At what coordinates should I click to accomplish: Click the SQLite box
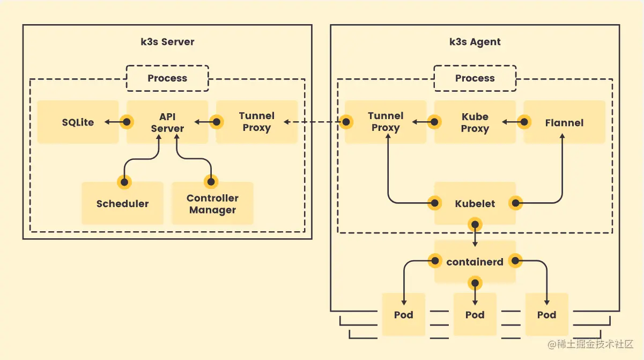(x=78, y=122)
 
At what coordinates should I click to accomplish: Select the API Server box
(x=167, y=122)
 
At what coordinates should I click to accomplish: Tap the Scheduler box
(x=122, y=203)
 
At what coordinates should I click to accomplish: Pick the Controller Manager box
(x=212, y=203)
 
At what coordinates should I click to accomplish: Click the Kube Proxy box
(x=475, y=122)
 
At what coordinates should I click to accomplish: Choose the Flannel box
(x=564, y=122)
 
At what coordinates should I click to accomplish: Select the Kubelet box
(x=475, y=203)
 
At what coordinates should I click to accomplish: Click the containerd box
(x=475, y=262)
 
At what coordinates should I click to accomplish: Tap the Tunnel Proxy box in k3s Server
(x=257, y=122)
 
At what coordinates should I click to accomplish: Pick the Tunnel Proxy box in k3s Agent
(x=386, y=122)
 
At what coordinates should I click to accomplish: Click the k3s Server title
(x=167, y=42)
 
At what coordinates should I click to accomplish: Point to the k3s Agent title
(x=475, y=42)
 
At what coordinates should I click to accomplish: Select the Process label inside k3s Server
(x=167, y=78)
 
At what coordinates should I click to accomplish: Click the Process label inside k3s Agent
(x=475, y=78)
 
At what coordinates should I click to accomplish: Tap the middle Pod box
(x=475, y=314)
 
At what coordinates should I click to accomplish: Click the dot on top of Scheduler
(x=124, y=182)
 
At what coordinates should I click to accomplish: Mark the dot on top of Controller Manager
(x=211, y=182)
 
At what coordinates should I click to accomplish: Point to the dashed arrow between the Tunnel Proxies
(x=312, y=122)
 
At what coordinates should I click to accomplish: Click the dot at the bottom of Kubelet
(x=475, y=224)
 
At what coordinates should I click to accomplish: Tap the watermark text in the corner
(x=590, y=344)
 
